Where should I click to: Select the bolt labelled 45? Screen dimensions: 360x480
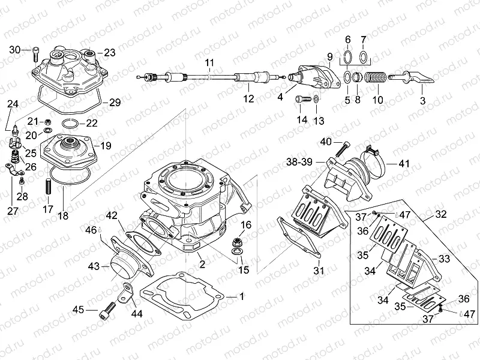click(x=106, y=310)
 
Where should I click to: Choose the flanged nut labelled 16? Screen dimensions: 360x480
click(x=238, y=242)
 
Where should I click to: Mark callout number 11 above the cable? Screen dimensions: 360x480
click(x=209, y=63)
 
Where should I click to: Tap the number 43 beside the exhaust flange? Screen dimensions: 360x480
click(x=93, y=265)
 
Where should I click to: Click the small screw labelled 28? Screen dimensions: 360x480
click(x=22, y=179)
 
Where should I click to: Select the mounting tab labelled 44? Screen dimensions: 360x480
click(x=127, y=291)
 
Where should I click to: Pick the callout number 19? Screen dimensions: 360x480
click(x=106, y=145)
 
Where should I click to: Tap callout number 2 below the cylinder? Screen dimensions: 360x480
click(x=202, y=264)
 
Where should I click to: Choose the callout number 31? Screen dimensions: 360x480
click(x=319, y=271)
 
